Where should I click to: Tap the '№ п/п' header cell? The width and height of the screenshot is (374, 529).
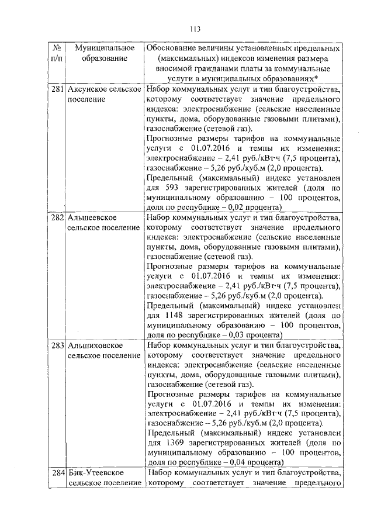pyautogui.click(x=57, y=53)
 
